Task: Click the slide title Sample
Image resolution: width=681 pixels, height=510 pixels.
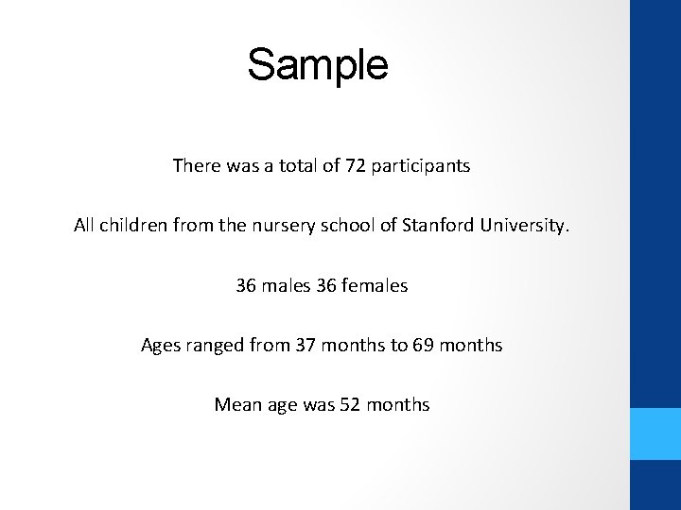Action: [x=318, y=65]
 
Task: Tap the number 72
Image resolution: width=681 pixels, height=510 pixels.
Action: [x=355, y=166]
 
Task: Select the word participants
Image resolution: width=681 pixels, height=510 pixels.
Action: [x=421, y=167]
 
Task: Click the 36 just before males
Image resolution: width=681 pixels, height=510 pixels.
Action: [x=246, y=285]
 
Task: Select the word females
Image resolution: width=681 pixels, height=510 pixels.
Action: [x=378, y=285]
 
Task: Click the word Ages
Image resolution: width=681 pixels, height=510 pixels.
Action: [x=160, y=346]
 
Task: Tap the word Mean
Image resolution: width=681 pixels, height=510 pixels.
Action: [x=233, y=405]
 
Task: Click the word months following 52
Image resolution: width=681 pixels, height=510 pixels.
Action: [x=397, y=405]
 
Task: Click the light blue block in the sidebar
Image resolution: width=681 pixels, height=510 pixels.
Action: [x=655, y=434]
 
